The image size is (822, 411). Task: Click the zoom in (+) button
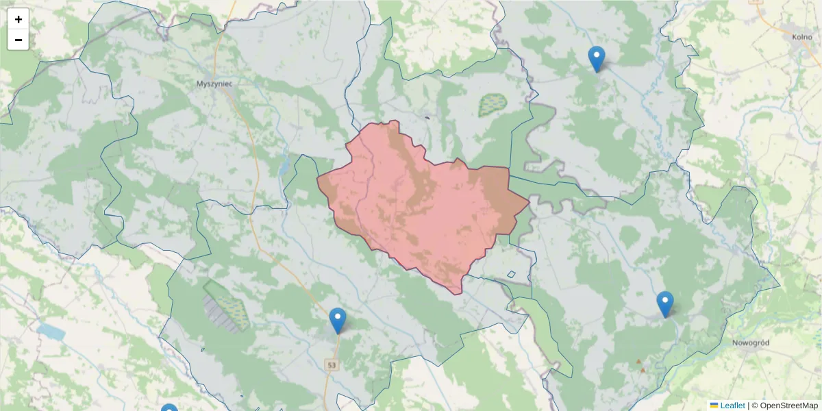(18, 19)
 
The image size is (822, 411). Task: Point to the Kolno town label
(801, 37)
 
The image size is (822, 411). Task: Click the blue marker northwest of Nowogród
(664, 304)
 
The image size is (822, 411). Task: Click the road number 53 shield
(332, 365)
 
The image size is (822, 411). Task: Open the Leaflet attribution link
(732, 406)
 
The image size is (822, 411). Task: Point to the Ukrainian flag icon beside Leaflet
(714, 406)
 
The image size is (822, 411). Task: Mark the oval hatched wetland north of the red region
(492, 104)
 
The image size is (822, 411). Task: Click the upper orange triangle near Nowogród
(639, 361)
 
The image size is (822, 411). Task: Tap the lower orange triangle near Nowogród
(643, 370)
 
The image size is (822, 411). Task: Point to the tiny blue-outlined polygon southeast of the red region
(511, 275)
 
